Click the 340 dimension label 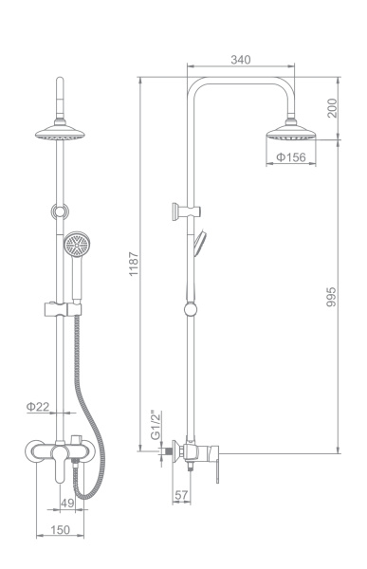tap(240, 60)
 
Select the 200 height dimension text tap(332, 108)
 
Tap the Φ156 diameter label tap(291, 157)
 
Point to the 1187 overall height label tap(134, 264)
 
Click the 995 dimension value tap(331, 297)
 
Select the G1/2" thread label tap(156, 425)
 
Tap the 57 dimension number tap(181, 495)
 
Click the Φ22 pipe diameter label tap(38, 407)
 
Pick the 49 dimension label tap(67, 503)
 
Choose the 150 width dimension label tap(60, 530)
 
